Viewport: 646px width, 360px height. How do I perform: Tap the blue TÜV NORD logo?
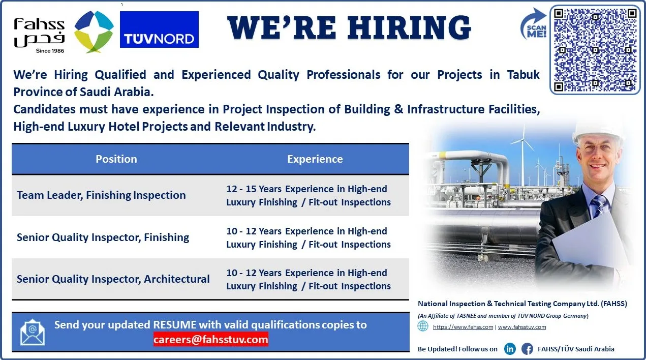159,29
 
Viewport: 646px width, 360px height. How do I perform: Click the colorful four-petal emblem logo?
94,32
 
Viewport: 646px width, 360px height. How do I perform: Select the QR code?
595,50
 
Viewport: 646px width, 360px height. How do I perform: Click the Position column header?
116,159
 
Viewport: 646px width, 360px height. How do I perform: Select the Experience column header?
315,159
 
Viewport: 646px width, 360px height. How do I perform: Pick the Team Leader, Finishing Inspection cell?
101,195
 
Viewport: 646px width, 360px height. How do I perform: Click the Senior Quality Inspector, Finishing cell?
103,237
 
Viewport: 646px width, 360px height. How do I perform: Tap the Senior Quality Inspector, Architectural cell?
113,279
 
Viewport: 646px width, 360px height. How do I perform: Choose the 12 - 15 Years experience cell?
308,195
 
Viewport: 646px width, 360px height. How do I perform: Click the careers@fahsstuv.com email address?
211,340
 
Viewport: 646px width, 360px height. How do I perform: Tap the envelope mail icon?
33,332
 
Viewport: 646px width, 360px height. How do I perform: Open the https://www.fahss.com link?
463,327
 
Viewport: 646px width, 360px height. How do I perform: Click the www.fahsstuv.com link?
522,327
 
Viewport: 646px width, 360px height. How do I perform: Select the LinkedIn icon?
510,349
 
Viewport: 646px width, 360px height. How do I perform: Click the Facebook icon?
528,349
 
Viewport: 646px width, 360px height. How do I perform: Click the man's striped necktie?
598,205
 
